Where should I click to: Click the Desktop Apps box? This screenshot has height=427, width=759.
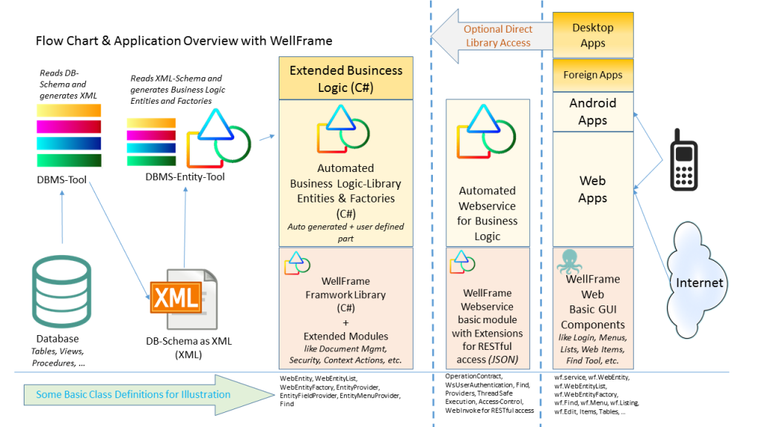592,35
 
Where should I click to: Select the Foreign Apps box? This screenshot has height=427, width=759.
592,75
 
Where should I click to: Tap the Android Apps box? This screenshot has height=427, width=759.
592,111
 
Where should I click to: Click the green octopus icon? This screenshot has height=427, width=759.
571,262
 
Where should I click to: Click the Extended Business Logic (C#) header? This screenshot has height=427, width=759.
345,79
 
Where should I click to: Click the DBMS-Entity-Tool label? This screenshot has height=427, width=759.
185,176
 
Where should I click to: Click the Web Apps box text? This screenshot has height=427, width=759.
592,190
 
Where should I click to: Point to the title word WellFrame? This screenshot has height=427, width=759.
299,41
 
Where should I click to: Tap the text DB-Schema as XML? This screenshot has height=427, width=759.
189,341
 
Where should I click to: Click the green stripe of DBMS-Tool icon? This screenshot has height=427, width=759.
69,160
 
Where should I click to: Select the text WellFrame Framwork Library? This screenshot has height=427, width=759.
345,288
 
